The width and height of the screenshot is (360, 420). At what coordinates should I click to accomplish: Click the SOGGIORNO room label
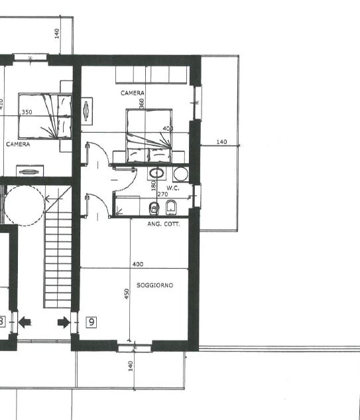click(154, 285)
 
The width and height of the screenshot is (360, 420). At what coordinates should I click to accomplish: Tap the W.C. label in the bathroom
click(173, 188)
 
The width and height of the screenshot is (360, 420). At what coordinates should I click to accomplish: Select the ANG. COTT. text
click(164, 224)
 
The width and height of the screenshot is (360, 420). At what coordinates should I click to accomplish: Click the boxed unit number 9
click(91, 322)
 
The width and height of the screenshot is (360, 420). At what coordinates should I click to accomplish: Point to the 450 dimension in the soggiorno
click(127, 294)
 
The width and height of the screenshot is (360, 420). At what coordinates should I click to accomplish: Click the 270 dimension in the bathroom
click(162, 194)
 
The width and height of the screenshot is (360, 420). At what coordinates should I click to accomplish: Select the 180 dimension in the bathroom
click(153, 186)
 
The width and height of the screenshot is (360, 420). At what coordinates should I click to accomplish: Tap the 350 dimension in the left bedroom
click(27, 112)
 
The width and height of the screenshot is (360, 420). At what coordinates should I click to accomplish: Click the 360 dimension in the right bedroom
click(142, 104)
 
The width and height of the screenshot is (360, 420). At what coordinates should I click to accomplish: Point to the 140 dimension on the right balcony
click(221, 142)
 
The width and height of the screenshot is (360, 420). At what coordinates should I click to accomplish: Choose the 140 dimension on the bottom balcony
click(131, 366)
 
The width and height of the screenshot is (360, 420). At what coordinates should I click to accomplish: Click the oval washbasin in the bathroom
click(157, 173)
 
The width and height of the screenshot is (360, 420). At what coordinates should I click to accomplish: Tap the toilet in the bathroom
click(154, 208)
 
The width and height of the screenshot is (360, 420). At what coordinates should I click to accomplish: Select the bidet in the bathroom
click(171, 208)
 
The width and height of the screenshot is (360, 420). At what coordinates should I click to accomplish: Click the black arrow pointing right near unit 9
click(64, 322)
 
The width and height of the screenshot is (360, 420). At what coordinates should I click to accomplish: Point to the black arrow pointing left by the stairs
click(25, 322)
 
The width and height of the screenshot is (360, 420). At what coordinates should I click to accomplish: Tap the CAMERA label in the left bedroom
click(18, 145)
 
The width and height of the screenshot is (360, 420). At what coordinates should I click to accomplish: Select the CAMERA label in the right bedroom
click(133, 93)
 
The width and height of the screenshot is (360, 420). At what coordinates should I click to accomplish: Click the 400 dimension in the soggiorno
click(138, 264)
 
